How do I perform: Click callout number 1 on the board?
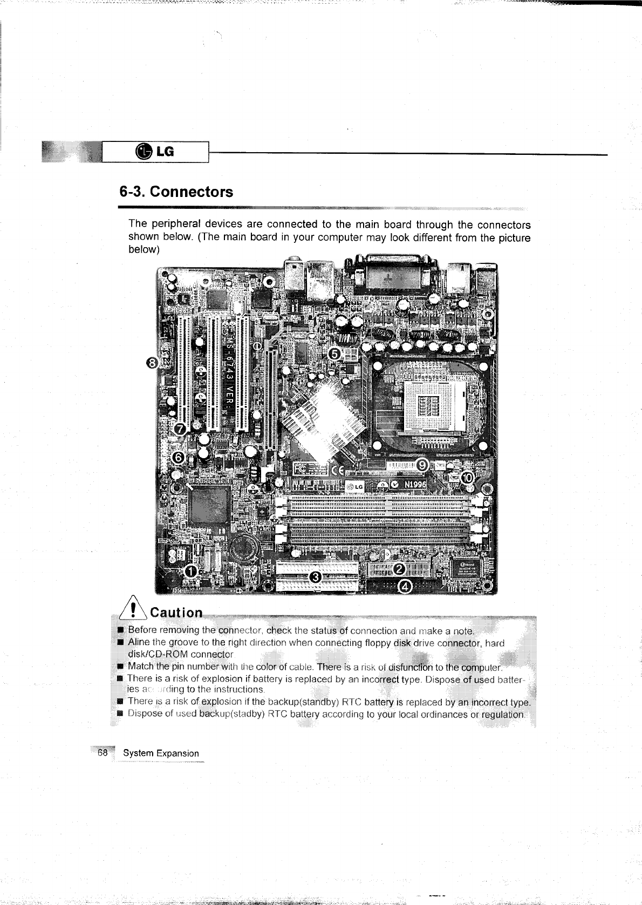190,571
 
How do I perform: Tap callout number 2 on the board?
400,569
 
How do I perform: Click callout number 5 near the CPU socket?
334,354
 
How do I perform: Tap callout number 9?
424,465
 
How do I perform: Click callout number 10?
467,477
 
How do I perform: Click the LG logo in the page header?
156,152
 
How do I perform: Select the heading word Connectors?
192,192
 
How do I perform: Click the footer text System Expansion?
161,753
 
